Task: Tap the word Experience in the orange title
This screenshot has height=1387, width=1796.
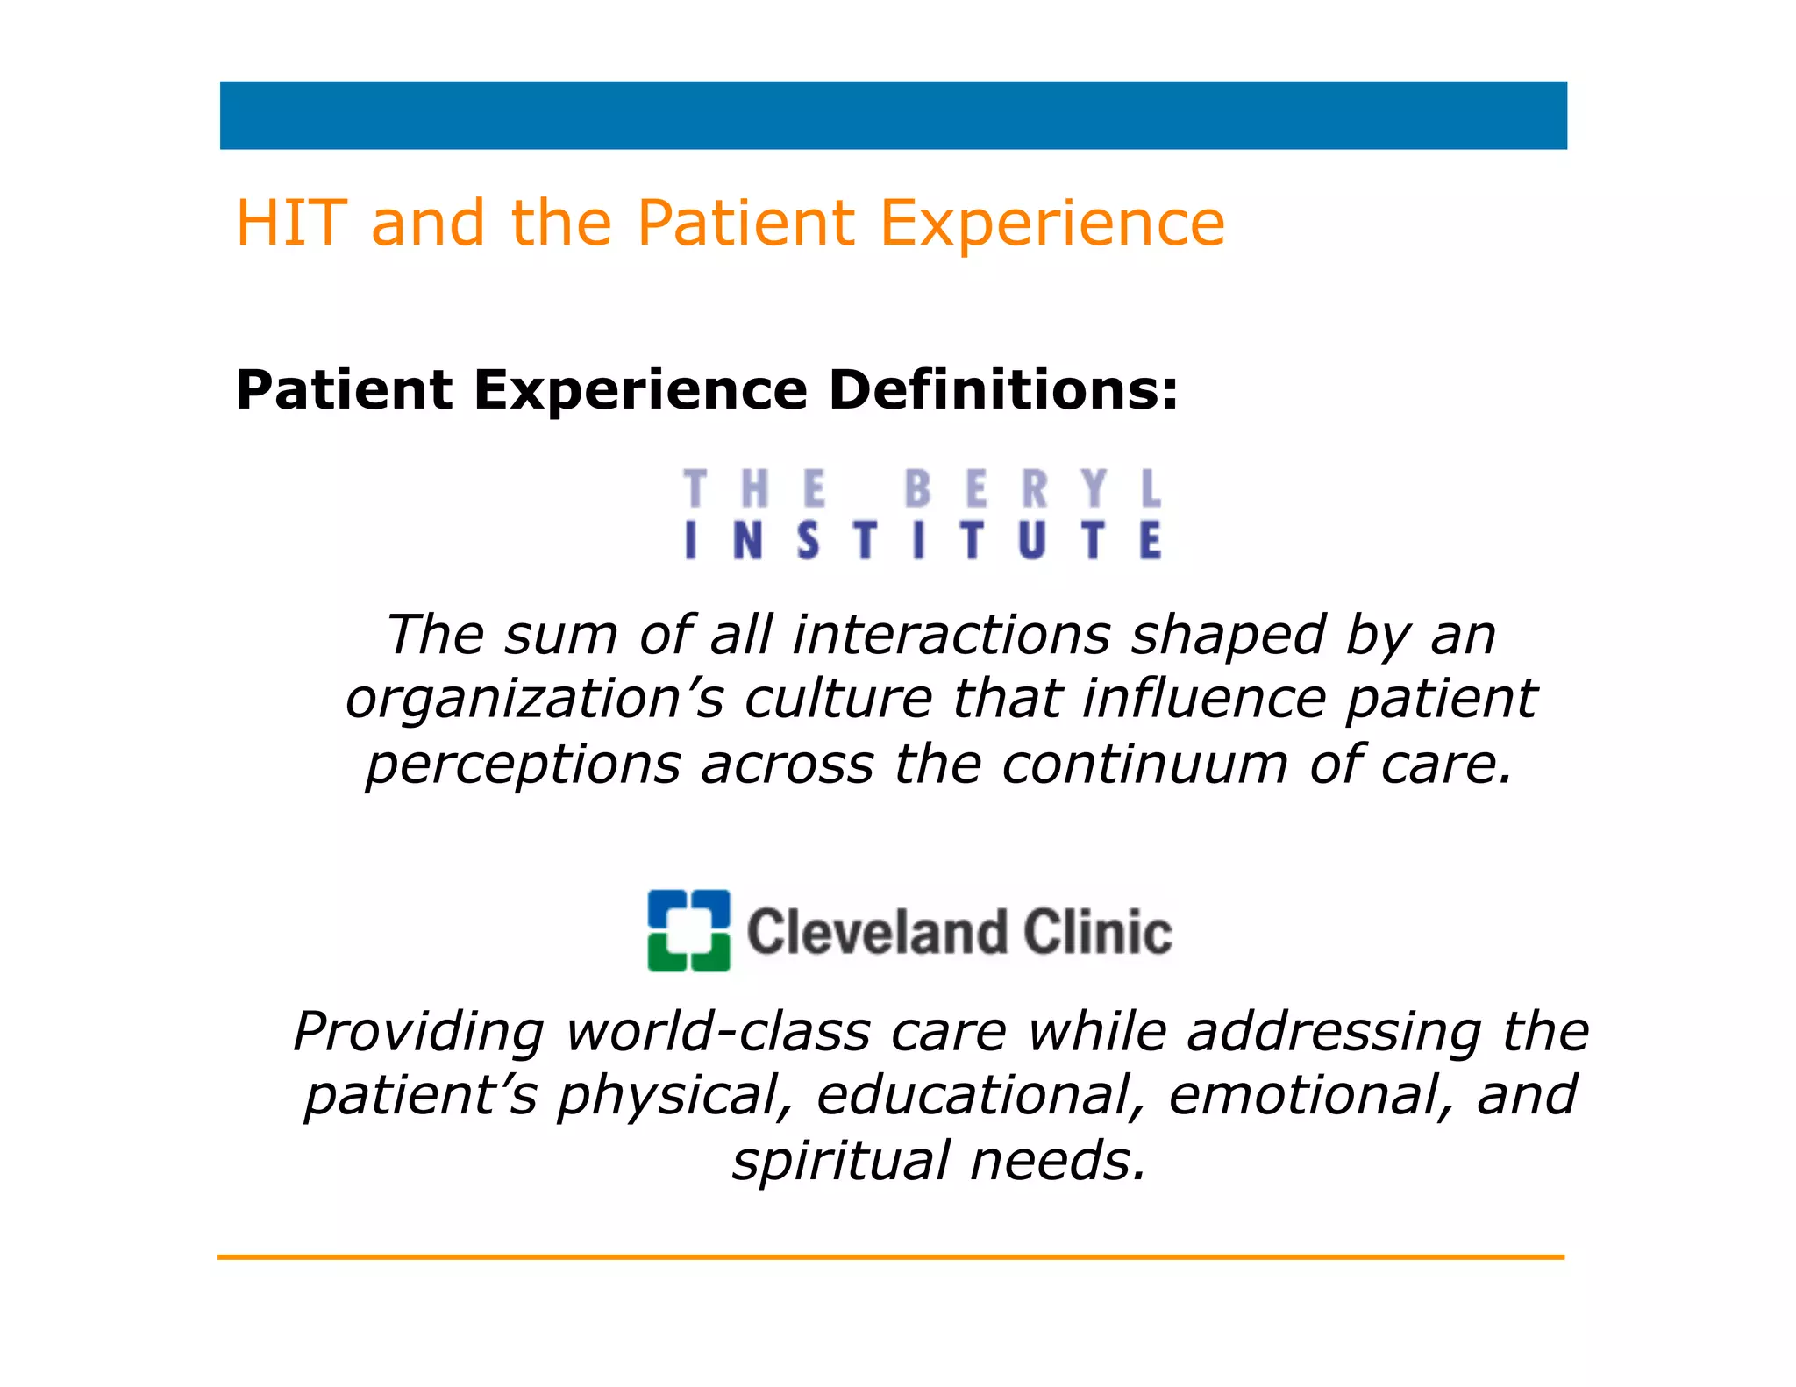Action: click(1051, 224)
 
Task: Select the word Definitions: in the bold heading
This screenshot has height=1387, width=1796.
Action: click(1003, 390)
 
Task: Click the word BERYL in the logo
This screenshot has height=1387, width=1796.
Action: click(1033, 488)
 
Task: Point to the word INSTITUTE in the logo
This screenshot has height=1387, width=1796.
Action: click(923, 540)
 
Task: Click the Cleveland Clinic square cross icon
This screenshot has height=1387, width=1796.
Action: click(688, 930)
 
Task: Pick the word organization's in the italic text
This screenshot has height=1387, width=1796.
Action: click(535, 699)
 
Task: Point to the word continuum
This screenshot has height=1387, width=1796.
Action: click(1144, 764)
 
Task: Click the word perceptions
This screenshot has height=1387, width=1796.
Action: click(523, 765)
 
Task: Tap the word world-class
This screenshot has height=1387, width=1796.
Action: click(717, 1031)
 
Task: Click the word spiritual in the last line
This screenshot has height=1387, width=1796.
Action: click(841, 1161)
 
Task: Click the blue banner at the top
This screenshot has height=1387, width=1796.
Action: click(893, 116)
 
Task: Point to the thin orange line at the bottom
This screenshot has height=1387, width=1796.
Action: click(891, 1256)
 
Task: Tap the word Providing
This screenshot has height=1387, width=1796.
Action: click(418, 1032)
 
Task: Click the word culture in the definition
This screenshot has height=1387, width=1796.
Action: click(837, 699)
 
